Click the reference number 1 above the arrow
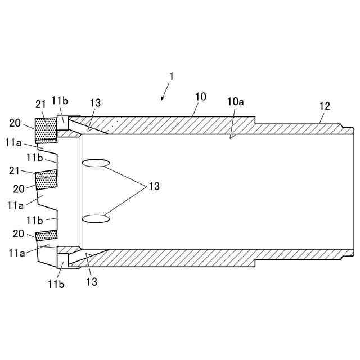pyautogui.click(x=172, y=75)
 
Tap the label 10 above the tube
pyautogui.click(x=200, y=97)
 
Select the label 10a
pyautogui.click(x=236, y=103)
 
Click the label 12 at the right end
pyautogui.click(x=325, y=105)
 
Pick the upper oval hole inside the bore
pyautogui.click(x=96, y=164)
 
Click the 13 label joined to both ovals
pyautogui.click(x=154, y=186)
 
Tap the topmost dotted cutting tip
pyautogui.click(x=46, y=129)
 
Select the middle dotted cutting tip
pyautogui.click(x=46, y=179)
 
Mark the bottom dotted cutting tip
pyautogui.click(x=47, y=235)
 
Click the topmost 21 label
pyautogui.click(x=41, y=104)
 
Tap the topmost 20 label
pyautogui.click(x=16, y=122)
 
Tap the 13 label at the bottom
pyautogui.click(x=91, y=281)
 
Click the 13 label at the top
pyautogui.click(x=95, y=103)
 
